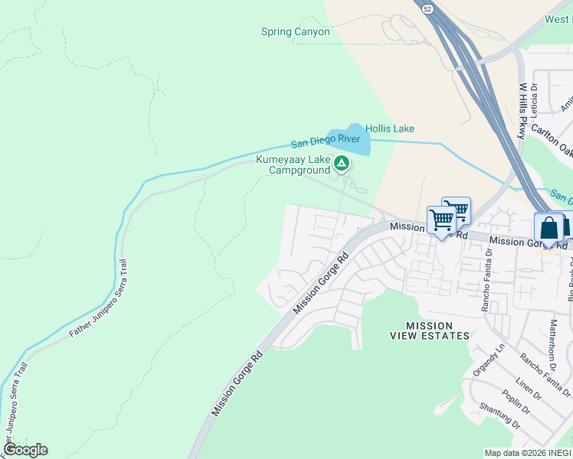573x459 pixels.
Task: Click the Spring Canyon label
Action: click(x=295, y=32)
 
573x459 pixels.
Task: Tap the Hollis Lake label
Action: click(x=389, y=129)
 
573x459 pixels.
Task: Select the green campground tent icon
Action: click(x=342, y=163)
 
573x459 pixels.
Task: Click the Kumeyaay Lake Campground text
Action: click(x=293, y=164)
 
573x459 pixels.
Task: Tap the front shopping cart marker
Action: click(x=441, y=220)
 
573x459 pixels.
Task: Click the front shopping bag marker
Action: click(x=548, y=228)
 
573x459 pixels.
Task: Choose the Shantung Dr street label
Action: click(x=499, y=418)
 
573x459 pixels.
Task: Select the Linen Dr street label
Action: click(x=528, y=387)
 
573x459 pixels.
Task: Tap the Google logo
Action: click(x=25, y=450)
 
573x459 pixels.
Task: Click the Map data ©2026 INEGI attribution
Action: click(x=527, y=453)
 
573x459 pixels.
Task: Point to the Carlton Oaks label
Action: click(x=552, y=139)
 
